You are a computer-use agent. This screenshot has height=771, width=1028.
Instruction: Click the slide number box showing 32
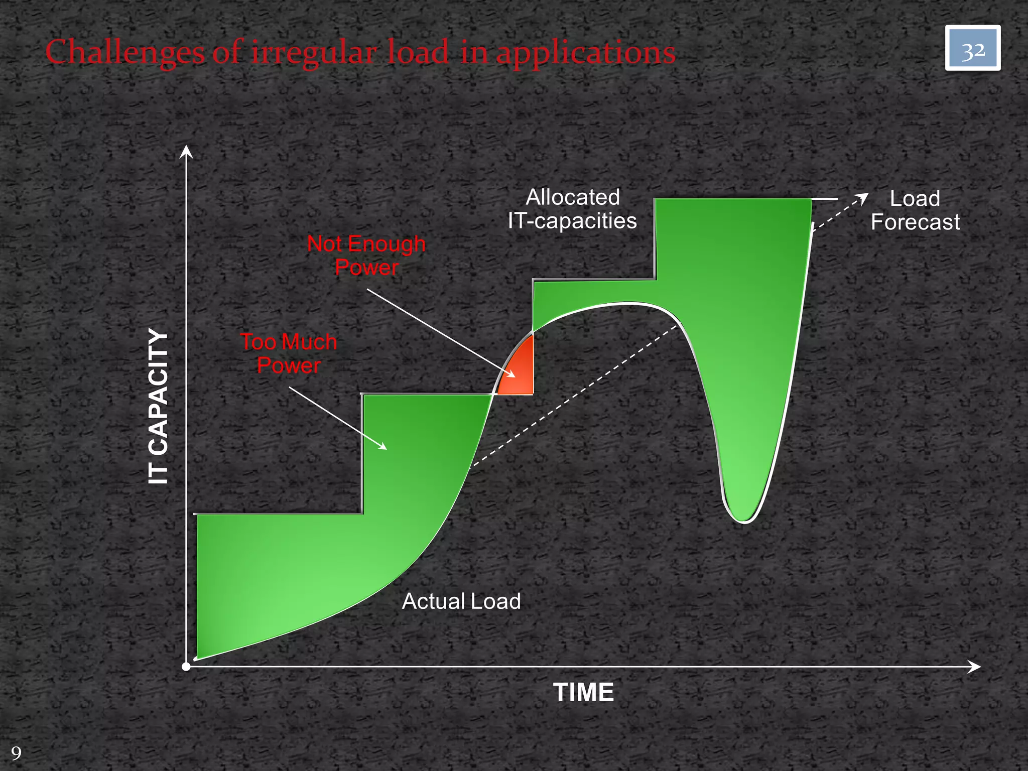[972, 48]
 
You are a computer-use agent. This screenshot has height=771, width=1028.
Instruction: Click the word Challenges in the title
[124, 52]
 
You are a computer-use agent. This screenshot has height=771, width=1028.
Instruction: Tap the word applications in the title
[586, 52]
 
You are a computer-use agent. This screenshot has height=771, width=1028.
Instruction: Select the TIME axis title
[583, 692]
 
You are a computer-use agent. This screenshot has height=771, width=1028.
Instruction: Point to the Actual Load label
[461, 601]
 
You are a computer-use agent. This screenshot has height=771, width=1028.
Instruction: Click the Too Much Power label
[289, 353]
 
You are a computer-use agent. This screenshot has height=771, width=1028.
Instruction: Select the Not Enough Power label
[366, 255]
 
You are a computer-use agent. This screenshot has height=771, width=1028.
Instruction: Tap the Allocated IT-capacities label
[572, 209]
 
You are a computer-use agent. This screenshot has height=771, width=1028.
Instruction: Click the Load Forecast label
[915, 210]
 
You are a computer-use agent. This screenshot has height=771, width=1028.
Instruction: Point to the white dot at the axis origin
[186, 667]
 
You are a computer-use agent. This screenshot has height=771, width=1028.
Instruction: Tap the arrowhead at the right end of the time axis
[975, 667]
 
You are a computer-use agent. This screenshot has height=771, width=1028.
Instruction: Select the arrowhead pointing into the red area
[511, 374]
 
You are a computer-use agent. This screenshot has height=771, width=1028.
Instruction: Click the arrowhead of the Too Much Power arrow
[382, 446]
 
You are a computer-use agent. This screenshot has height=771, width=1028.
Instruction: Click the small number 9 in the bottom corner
[16, 753]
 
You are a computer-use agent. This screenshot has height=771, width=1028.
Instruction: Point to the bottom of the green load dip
[744, 517]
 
